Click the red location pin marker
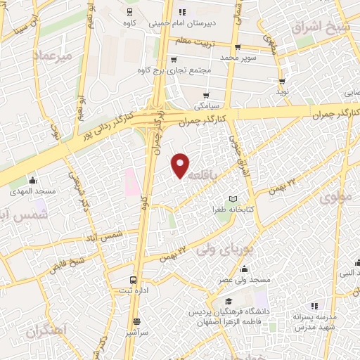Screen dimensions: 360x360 pyautogui.click(x=181, y=165)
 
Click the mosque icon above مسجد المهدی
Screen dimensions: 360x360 pyautogui.click(x=32, y=180)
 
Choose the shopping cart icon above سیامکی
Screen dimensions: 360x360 pyautogui.click(x=206, y=96)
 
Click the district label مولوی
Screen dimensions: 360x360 pyautogui.click(x=335, y=198)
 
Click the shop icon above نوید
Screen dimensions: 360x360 pyautogui.click(x=283, y=81)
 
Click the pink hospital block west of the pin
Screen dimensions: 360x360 pyautogui.click(x=129, y=181)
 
